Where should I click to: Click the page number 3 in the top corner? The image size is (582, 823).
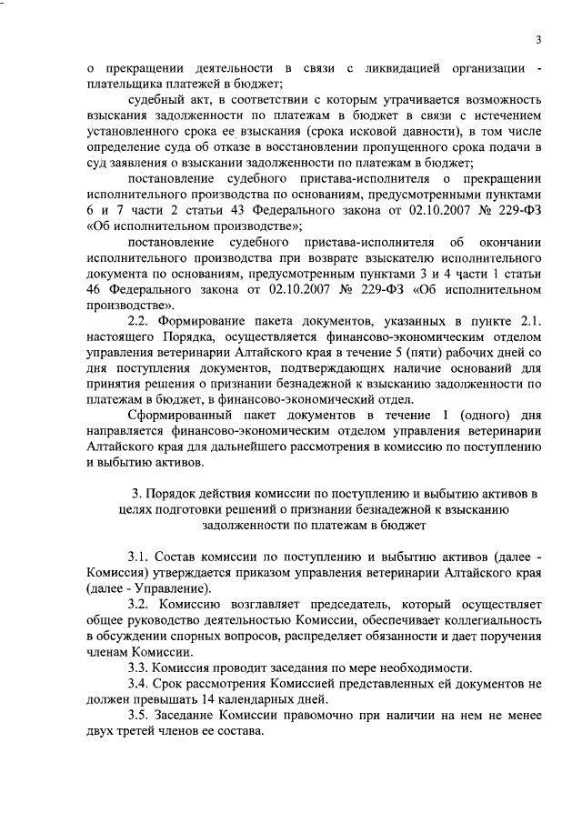538,39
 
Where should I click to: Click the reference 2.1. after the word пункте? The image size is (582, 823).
527,322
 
